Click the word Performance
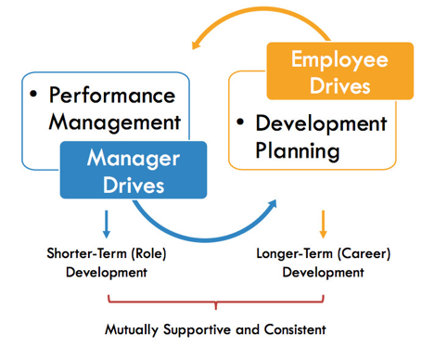[111, 95]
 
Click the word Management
[114, 121]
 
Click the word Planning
[300, 149]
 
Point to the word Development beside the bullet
[320, 123]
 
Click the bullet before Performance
[34, 94]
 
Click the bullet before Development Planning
[240, 122]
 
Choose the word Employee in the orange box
[338, 59]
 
